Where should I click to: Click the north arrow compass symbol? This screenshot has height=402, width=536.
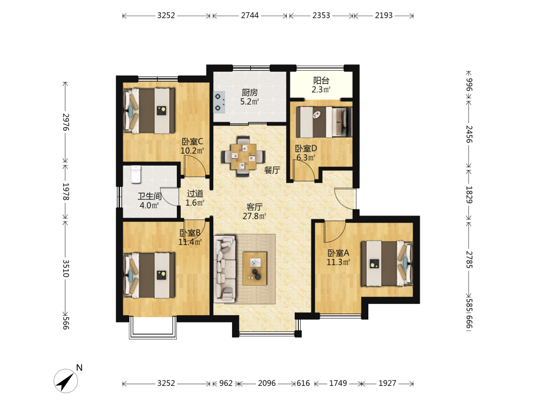click(65, 381)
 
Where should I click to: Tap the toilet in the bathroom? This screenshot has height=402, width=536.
click(136, 174)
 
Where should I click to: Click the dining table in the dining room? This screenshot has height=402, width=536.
click(243, 157)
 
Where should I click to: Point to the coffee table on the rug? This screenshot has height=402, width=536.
click(255, 269)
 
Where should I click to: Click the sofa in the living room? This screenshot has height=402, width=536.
click(225, 269)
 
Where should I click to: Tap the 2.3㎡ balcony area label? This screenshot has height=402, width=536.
click(321, 90)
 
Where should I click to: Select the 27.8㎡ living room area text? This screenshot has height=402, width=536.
click(254, 216)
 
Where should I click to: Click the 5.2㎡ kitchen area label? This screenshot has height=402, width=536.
click(250, 101)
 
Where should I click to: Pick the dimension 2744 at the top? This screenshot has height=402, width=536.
click(250, 16)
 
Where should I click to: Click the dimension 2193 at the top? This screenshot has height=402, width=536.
click(384, 16)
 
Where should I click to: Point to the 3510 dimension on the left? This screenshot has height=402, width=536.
click(66, 269)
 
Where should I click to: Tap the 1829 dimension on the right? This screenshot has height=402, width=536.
click(470, 195)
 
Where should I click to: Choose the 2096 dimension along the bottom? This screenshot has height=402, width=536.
click(267, 383)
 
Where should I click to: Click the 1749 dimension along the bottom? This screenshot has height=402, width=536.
click(338, 383)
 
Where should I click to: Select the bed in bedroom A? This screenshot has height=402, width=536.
click(387, 264)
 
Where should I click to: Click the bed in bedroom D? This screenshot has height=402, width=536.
click(324, 122)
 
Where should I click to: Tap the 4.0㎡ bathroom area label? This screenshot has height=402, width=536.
click(150, 205)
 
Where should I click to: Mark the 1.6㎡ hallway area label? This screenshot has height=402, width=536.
click(195, 203)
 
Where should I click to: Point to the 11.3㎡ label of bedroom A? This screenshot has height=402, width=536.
click(338, 262)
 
